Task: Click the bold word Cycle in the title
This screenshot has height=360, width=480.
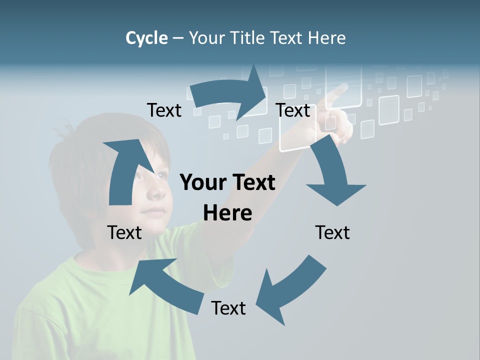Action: (146, 38)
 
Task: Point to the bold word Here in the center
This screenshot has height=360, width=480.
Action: (227, 213)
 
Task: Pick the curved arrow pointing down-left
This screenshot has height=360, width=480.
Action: (290, 290)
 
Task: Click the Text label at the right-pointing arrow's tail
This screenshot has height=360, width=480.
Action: (164, 110)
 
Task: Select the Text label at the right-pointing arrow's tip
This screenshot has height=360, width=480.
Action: (293, 110)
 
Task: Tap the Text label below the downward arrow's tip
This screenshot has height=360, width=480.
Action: (332, 232)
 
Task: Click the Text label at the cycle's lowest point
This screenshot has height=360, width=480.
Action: (228, 308)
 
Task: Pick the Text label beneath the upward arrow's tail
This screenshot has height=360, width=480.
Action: (124, 232)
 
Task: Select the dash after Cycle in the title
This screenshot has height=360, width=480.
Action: (178, 38)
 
